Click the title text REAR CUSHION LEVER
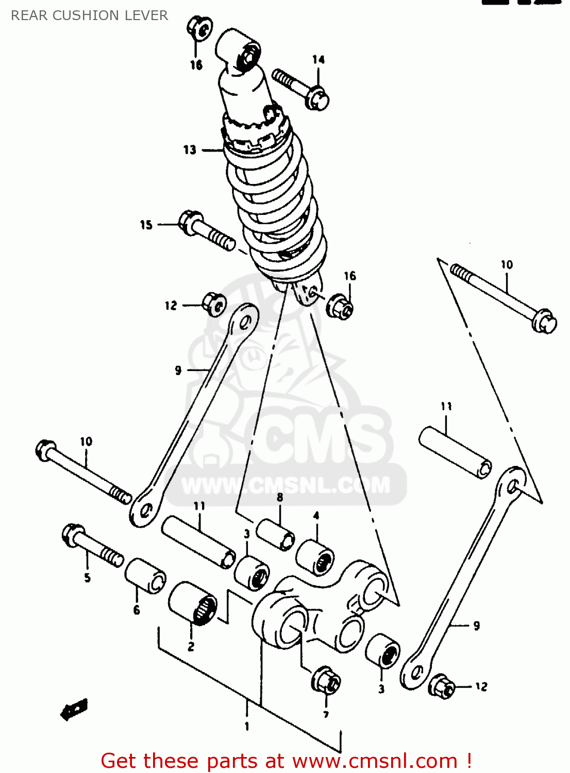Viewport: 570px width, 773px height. [x=89, y=15]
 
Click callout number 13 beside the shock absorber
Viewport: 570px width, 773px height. [x=190, y=149]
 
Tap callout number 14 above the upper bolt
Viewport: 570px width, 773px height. [x=318, y=60]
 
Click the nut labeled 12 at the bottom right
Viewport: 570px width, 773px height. [x=442, y=686]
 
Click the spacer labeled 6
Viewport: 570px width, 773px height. [x=145, y=576]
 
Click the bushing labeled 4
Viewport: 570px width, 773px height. [x=315, y=557]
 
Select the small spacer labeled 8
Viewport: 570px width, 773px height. [x=276, y=535]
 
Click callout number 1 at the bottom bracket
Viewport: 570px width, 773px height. [x=247, y=726]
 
